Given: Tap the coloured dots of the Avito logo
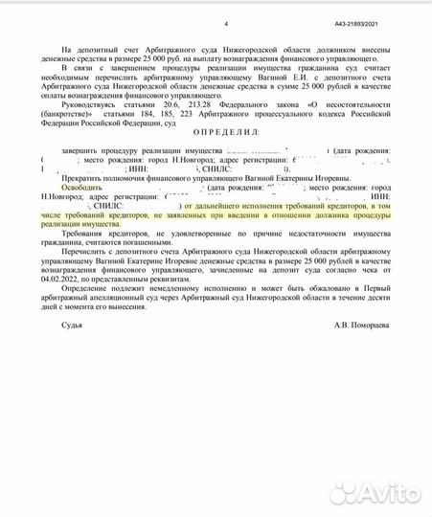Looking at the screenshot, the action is click(x=336, y=493).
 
